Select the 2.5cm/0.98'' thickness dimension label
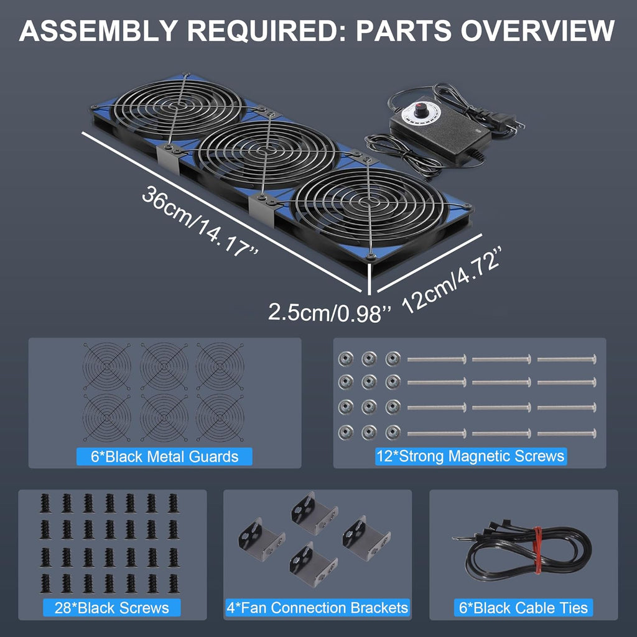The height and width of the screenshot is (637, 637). [330, 311]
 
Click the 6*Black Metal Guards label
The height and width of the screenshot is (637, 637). [165, 457]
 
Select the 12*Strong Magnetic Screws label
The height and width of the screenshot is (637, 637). [470, 456]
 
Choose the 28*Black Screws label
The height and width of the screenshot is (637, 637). [112, 608]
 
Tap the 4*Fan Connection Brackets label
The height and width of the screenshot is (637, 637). [317, 608]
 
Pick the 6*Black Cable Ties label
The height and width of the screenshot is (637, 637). [523, 608]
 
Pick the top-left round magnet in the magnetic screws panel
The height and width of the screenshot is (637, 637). [345, 359]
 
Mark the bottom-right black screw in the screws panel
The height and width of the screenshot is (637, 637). [172, 583]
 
